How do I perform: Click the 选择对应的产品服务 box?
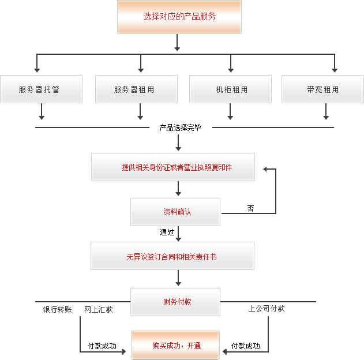click(x=179, y=17)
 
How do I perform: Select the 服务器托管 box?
click(x=41, y=89)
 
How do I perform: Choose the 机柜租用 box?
click(x=231, y=89)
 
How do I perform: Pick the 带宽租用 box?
click(x=323, y=89)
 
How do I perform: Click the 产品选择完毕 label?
click(x=180, y=127)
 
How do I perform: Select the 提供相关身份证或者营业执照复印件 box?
click(x=172, y=167)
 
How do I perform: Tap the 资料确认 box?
click(x=175, y=212)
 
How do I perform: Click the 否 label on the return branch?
click(x=250, y=208)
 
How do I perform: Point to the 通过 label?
click(x=167, y=232)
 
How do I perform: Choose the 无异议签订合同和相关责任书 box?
click(x=172, y=256)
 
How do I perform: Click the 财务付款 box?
click(x=175, y=302)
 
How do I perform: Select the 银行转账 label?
click(x=57, y=310)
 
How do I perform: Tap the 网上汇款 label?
click(x=99, y=310)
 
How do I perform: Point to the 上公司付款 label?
click(x=267, y=309)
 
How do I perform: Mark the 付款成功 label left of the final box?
click(x=102, y=346)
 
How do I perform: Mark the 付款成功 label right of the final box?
click(x=246, y=346)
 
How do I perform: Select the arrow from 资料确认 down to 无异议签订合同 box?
click(x=179, y=234)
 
